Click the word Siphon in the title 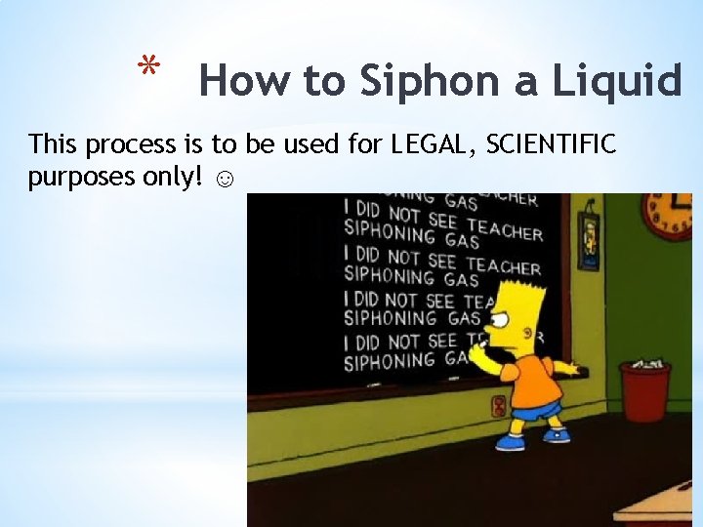tap(423, 81)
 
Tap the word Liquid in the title tap(617, 81)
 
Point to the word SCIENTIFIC tap(551, 145)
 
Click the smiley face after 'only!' tap(224, 181)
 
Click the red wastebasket tap(644, 390)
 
